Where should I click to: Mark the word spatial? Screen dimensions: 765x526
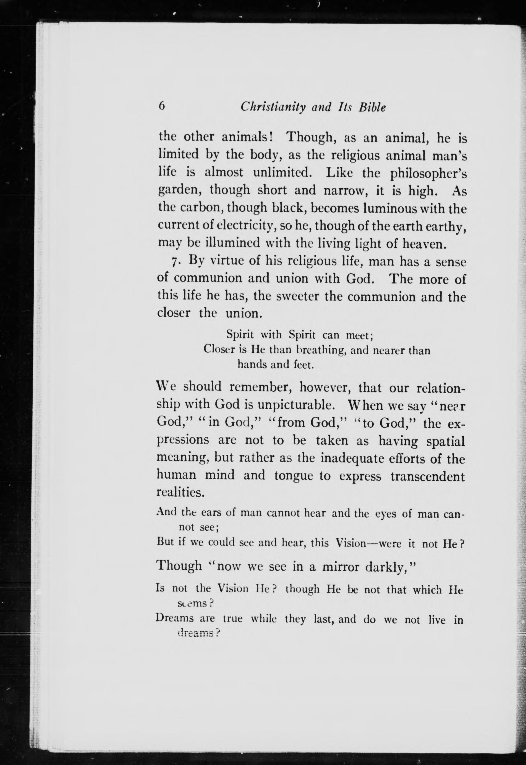[x=445, y=441]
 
